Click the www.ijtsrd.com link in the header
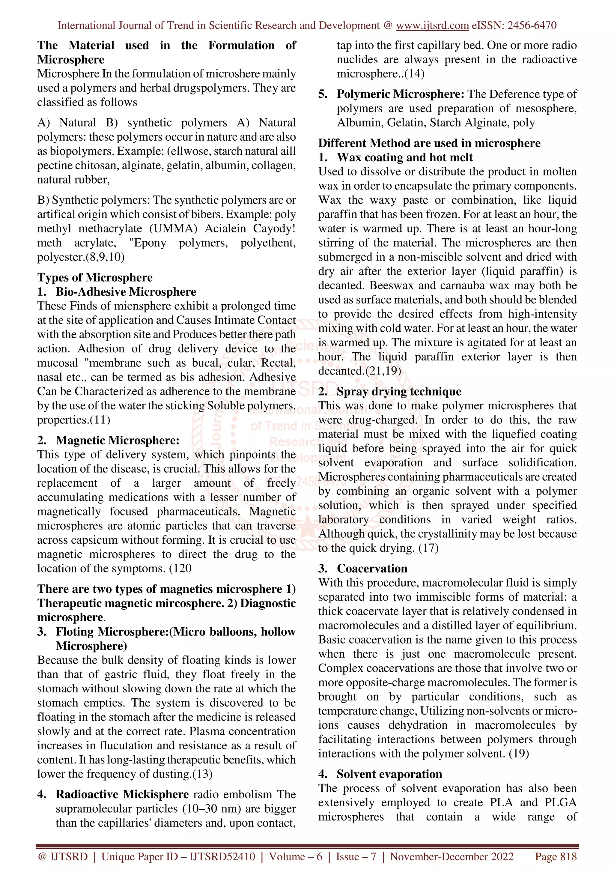[432, 25]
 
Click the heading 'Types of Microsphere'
[94, 277]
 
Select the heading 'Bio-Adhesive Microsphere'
[126, 292]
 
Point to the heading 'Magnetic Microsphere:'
[117, 440]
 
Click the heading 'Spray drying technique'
[399, 391]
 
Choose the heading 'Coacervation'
[372, 569]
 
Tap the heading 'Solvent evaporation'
[389, 774]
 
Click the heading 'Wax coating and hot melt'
[405, 157]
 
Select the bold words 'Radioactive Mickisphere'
[122, 794]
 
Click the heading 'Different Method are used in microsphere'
[429, 143]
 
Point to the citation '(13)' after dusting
[202, 774]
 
